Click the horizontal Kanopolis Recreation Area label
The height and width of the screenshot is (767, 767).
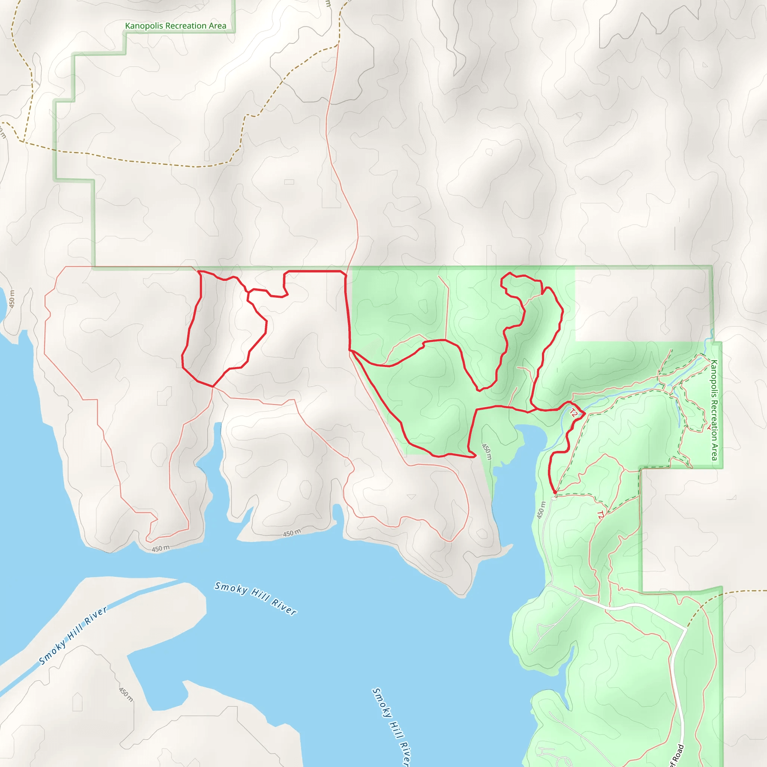tap(176, 26)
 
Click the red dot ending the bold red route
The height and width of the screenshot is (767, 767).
tap(555, 492)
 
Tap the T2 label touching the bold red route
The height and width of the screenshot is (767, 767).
tap(574, 413)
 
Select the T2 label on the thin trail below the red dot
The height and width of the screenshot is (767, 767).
tap(600, 515)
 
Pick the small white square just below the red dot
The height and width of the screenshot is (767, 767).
tap(555, 497)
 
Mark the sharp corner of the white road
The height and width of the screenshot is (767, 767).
tap(686, 629)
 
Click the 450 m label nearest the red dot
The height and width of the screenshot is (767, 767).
tap(541, 510)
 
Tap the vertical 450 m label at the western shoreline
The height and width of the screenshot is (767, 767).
tap(12, 299)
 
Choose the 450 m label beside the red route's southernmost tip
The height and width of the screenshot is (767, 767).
tap(487, 452)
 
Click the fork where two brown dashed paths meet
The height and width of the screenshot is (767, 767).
tap(23, 141)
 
